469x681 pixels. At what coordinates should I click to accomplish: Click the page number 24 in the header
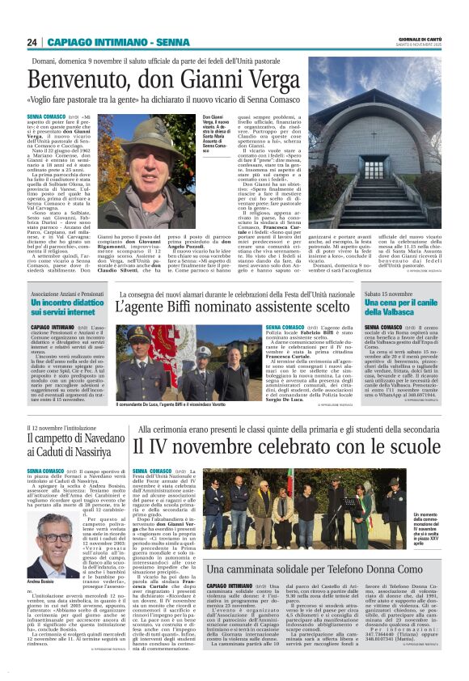coord(32,42)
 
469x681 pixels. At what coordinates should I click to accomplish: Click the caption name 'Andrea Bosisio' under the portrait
coord(45,582)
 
